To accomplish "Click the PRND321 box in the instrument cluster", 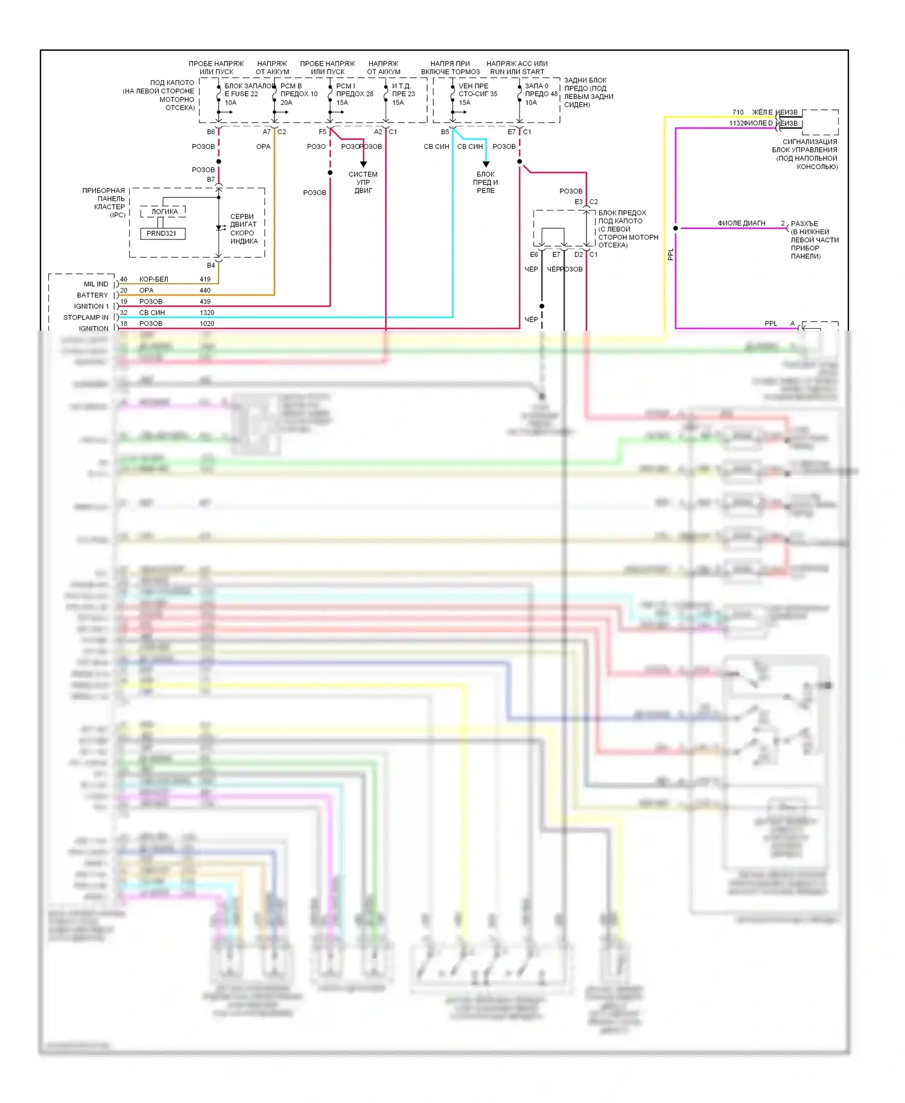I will click(x=162, y=234).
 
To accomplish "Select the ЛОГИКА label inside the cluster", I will click(x=164, y=212).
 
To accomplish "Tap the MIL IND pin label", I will click(x=96, y=284).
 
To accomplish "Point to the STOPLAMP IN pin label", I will click(x=86, y=317).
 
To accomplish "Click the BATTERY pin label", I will click(x=92, y=295).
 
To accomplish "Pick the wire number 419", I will click(x=205, y=279).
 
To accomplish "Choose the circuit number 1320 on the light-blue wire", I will click(x=207, y=313).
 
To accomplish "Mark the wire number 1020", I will click(x=207, y=323).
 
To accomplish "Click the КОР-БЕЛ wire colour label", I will click(x=154, y=279).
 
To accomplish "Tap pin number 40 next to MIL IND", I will click(x=124, y=279).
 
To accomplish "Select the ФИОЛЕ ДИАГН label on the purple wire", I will click(x=741, y=223).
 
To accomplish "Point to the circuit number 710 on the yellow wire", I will click(x=738, y=112).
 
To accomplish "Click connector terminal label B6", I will click(x=211, y=132).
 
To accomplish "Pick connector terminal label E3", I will click(x=579, y=202).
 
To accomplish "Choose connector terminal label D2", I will click(x=579, y=255).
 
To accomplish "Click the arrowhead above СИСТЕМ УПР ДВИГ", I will click(x=363, y=164).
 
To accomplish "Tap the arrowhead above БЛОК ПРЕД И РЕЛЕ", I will click(x=486, y=164).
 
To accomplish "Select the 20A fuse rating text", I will click(x=286, y=103).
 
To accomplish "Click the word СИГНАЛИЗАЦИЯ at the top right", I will click(x=810, y=142).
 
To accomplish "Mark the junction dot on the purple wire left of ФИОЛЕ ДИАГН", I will click(x=676, y=228).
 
